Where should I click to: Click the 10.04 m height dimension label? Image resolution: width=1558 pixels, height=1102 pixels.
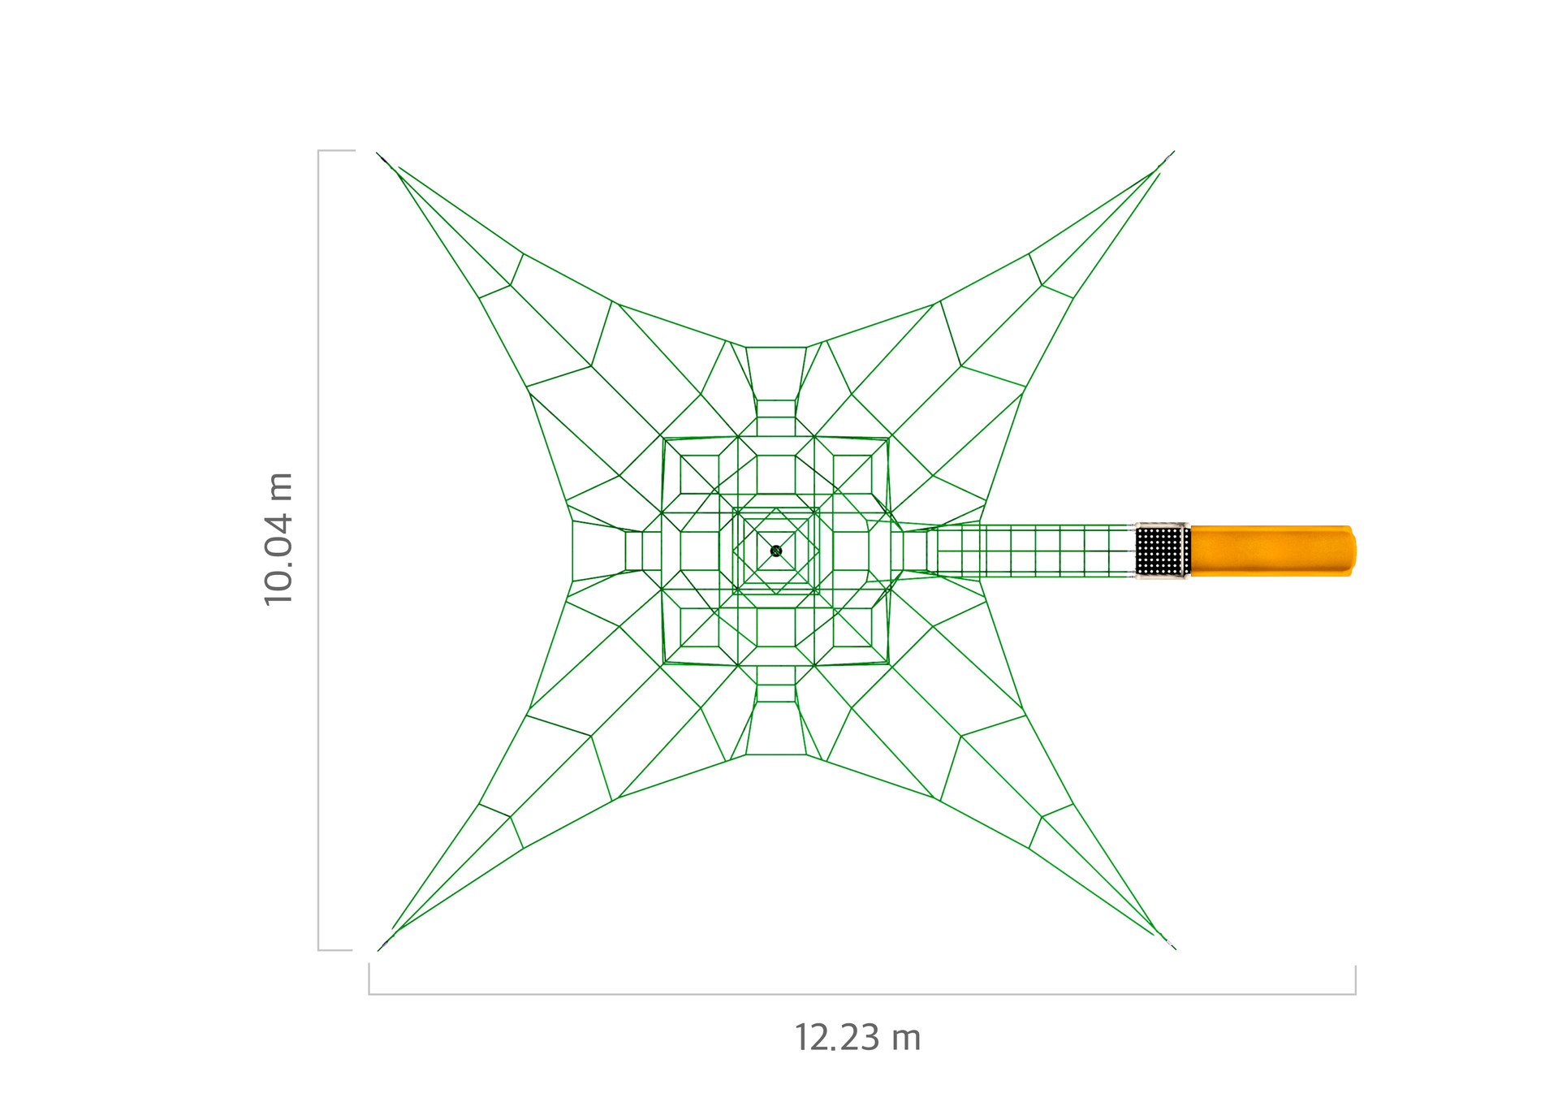(278, 538)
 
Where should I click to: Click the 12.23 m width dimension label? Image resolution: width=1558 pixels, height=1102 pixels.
(857, 1038)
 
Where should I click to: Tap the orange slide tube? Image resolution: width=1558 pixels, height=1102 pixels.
(1272, 551)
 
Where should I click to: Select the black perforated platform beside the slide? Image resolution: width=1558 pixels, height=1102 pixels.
(1163, 551)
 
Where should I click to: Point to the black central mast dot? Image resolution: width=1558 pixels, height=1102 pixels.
(776, 551)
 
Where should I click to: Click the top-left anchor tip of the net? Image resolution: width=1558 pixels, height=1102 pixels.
(377, 153)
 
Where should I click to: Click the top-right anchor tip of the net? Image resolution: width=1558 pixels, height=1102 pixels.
(1174, 152)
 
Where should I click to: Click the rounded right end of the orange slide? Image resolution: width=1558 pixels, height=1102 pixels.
(1353, 551)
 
